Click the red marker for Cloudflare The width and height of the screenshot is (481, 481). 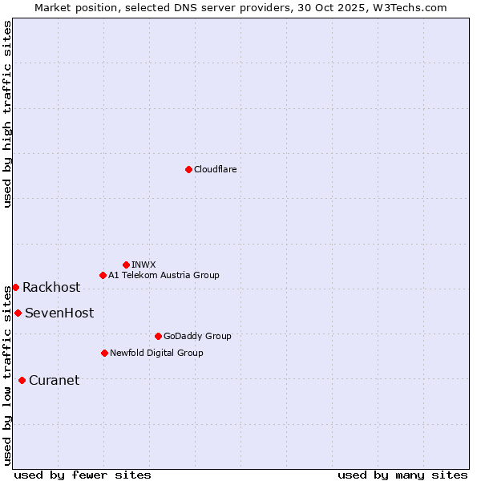point(188,169)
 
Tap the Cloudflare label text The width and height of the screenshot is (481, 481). point(215,169)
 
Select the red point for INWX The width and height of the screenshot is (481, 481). point(126,265)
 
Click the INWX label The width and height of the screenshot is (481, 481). point(143,265)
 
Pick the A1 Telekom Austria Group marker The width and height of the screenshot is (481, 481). point(103,275)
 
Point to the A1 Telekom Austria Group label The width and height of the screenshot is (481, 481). point(164,275)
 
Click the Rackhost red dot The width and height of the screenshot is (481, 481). point(15,287)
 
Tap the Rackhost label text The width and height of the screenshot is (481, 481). point(51,287)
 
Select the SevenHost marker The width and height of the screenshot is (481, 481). point(18,313)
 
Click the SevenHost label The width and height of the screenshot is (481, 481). point(59,313)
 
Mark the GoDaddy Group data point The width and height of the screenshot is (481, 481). point(158,336)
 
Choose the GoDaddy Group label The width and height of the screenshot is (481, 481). point(196,336)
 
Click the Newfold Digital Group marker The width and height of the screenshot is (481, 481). point(104,353)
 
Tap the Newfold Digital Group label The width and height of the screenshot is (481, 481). point(156,353)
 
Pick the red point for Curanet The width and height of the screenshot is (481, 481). point(22,380)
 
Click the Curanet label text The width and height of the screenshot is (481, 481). point(54,380)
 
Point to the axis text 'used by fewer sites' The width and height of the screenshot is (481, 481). point(83,475)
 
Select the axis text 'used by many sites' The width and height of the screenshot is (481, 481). point(402,475)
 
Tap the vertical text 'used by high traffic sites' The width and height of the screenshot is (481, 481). point(7,114)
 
